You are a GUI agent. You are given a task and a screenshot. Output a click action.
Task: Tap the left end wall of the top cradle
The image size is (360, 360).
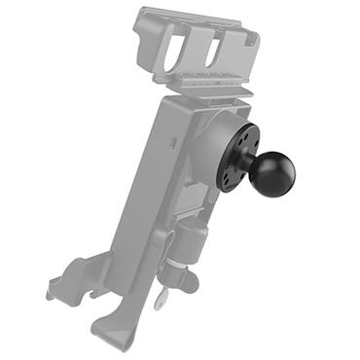pyautogui.click(x=143, y=39)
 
